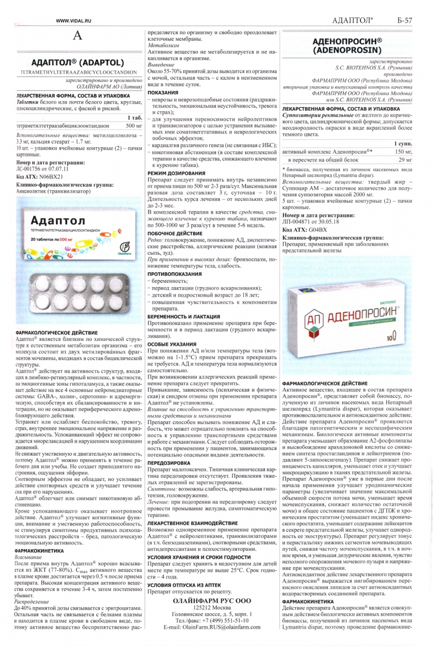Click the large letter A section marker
tap(76, 36)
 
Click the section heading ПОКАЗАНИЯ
tap(163, 93)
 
